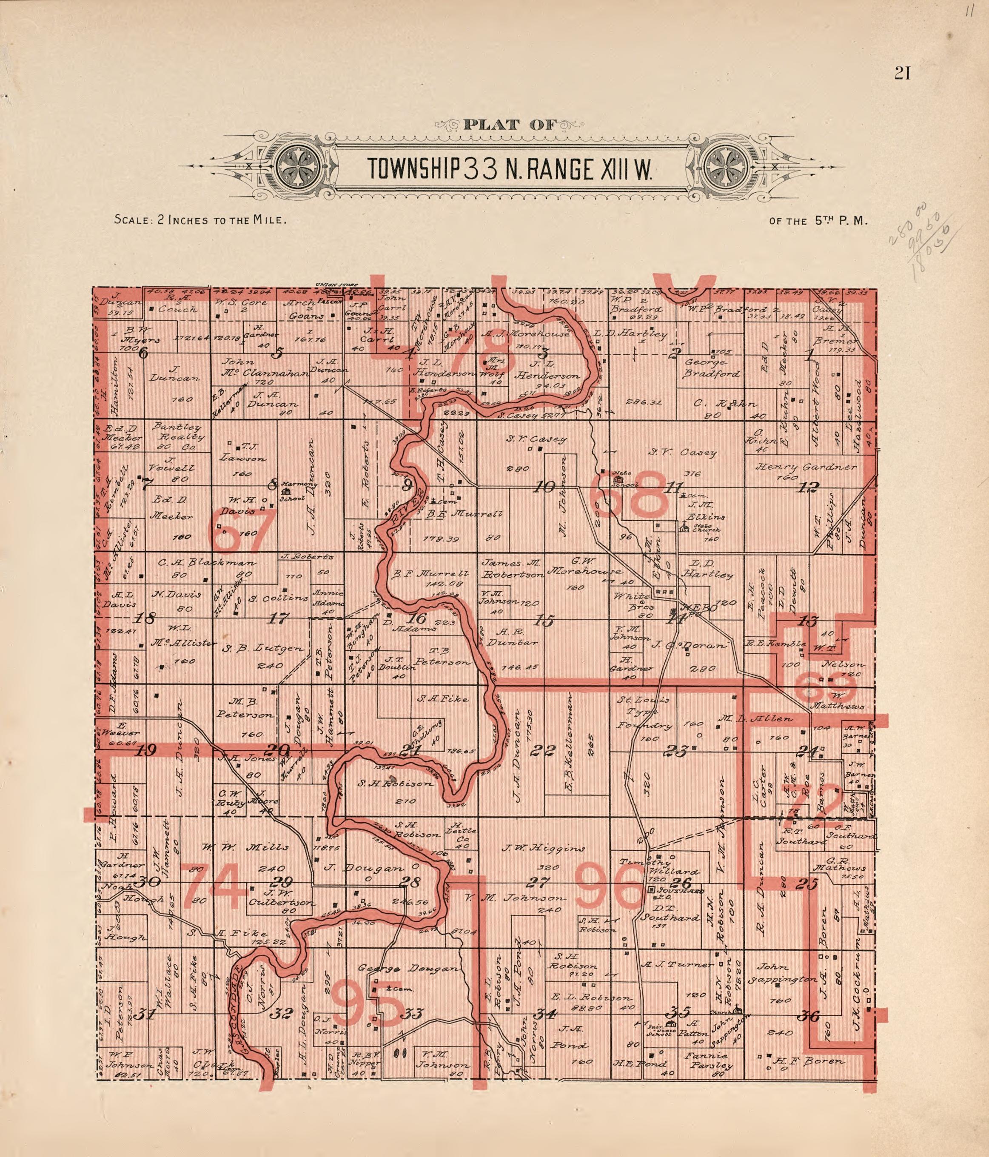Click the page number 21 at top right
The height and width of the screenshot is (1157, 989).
click(x=903, y=73)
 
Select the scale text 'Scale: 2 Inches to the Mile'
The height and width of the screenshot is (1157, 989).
click(x=200, y=219)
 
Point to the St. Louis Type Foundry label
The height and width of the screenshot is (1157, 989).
click(x=645, y=712)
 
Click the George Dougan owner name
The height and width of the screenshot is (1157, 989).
click(x=409, y=968)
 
